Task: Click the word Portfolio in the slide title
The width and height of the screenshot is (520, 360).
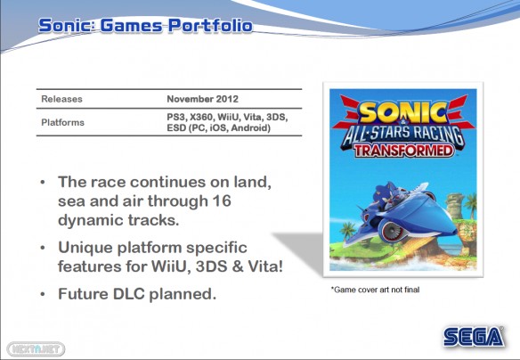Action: coord(210,26)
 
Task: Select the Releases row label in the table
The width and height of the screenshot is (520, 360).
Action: coord(61,99)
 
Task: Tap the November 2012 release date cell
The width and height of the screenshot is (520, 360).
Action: coord(203,99)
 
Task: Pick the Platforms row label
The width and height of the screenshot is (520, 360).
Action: coord(62,122)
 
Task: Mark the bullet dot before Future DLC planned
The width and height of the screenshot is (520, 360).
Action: coord(43,294)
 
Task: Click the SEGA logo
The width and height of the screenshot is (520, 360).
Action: coord(474,337)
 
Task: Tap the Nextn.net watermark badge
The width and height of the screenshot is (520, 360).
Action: coord(36,349)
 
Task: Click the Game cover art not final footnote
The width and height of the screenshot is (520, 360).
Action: coord(375,290)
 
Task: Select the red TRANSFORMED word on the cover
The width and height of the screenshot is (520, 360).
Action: coord(403,151)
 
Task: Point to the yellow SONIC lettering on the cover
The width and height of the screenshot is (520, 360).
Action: coord(403,112)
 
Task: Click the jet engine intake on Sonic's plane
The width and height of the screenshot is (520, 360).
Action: coord(393,231)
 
